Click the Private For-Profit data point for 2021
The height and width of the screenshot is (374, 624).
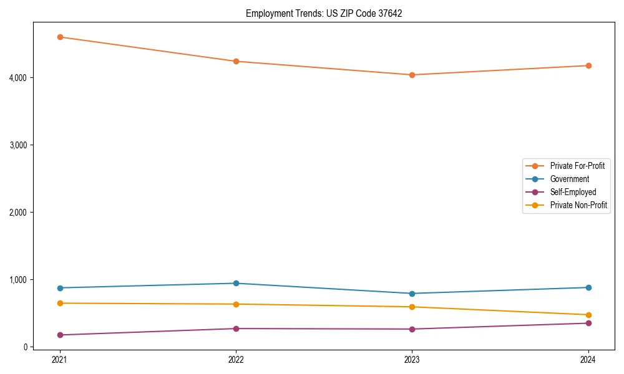pos(60,37)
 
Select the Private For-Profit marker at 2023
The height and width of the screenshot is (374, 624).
pos(412,75)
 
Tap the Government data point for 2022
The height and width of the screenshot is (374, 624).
pos(236,283)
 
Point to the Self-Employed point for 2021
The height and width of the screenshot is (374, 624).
pos(60,335)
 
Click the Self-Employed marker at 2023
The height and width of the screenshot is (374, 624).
pos(412,329)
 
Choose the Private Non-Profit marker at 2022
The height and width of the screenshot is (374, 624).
pos(236,304)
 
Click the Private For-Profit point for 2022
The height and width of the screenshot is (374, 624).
pos(236,61)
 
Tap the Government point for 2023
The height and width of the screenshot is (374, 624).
pos(412,294)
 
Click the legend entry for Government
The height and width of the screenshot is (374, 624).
pos(569,179)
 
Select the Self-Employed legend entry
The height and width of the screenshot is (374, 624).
pos(573,192)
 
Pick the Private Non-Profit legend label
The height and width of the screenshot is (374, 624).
pos(578,205)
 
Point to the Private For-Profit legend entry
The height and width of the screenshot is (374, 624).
pos(577,166)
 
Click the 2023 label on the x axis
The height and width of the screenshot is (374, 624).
pos(412,360)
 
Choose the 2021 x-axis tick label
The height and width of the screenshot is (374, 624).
pos(60,360)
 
